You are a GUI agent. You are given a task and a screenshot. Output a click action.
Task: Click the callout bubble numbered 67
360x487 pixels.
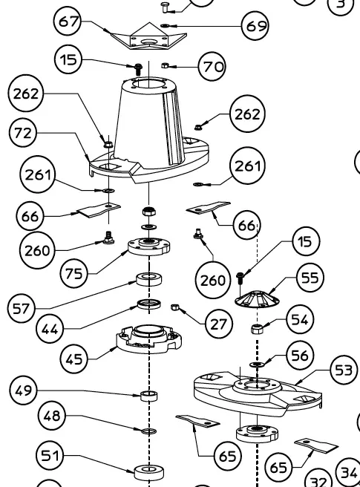coord(68,22)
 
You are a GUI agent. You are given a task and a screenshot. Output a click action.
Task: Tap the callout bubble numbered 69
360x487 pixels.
coord(255,26)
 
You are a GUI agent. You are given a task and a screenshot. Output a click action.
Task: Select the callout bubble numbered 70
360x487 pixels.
coord(212,66)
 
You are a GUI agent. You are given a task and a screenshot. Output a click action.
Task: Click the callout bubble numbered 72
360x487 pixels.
coord(23,133)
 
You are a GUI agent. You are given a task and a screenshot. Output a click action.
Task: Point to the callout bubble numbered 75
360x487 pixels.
coord(74,274)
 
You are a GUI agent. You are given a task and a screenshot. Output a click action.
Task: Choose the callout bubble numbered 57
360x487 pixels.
coord(21,308)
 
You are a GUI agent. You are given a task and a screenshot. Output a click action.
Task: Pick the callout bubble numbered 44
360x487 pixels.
coord(50,329)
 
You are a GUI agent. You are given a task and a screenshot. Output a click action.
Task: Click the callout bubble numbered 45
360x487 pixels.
coord(74,359)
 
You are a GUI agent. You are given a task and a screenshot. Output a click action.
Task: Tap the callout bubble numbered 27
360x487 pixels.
coord(218,324)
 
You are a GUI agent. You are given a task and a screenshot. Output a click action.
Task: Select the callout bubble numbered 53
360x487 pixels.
coord(343,370)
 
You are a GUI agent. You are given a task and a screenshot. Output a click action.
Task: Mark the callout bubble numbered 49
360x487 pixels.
coord(24,390)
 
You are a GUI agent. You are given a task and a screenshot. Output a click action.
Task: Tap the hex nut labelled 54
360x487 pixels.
coord(257,329)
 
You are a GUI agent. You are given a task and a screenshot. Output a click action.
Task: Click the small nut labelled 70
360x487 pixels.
coord(165,65)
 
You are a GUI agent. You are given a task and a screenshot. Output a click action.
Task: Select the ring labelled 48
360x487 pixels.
coord(149,431)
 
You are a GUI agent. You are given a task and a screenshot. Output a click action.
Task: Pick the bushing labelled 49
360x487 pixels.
coord(149,396)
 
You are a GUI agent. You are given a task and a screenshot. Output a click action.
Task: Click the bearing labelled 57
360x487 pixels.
coord(149,278)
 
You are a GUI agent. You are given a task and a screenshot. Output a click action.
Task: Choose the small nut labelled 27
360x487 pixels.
coord(174,307)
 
